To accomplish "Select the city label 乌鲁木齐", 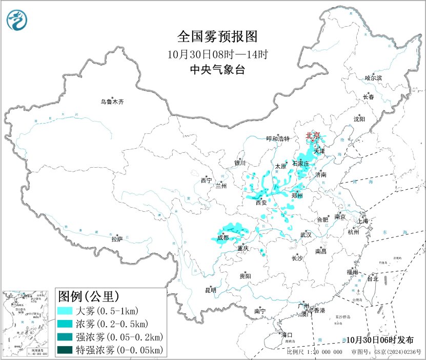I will (112, 102).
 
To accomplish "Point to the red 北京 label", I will (312, 135).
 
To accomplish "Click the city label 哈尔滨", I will (373, 78).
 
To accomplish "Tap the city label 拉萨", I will (117, 238).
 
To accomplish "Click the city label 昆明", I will (211, 290).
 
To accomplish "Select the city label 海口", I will (287, 335).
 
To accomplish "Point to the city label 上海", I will (363, 221).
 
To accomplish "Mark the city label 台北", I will (372, 279).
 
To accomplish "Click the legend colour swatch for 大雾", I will (65, 311).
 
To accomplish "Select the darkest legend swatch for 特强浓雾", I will (65, 350).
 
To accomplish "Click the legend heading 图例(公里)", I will (89, 296).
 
